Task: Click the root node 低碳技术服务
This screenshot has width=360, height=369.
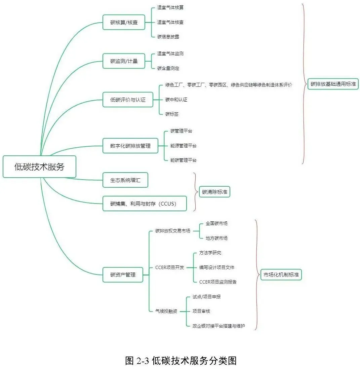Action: pos(39,167)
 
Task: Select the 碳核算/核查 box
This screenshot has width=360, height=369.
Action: pos(124,23)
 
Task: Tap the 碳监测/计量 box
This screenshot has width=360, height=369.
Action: pos(124,61)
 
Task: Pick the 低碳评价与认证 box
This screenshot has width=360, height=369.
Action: pos(128,100)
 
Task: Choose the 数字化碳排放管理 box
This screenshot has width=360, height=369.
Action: pos(130,146)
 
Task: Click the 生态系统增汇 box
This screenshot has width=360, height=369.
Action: pos(125,180)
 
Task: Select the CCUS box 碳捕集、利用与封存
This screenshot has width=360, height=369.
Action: pos(144,204)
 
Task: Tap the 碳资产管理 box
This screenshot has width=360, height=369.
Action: pos(123,274)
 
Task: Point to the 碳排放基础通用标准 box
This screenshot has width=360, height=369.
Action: pos(333,84)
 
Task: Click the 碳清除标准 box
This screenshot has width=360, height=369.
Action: pos(214,192)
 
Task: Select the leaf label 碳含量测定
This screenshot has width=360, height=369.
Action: pos(168,68)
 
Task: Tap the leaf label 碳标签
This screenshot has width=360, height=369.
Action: pos(172,114)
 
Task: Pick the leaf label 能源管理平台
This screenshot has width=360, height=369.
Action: pos(183,146)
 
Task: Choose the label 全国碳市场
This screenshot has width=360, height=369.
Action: pos(216,223)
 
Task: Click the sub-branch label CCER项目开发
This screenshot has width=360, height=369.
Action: pos(169,267)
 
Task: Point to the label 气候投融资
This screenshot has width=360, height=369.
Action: pos(166,311)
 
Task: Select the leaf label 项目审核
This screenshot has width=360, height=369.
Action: pos(201,311)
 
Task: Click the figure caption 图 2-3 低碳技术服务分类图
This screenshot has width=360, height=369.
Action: pos(181,361)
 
